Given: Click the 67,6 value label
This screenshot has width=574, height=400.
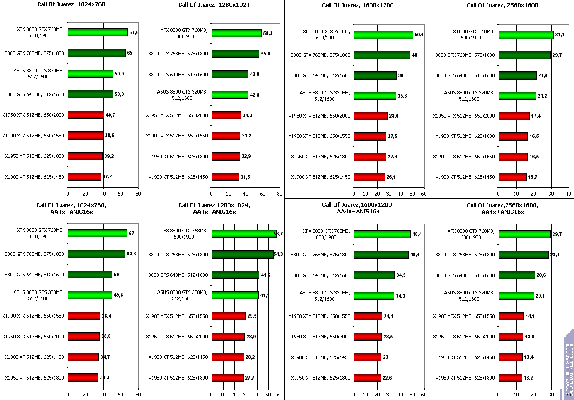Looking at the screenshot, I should coord(134,32).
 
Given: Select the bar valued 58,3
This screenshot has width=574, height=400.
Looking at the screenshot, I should coord(236,33).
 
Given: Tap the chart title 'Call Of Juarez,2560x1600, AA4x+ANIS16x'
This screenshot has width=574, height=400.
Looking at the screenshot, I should coord(502,208).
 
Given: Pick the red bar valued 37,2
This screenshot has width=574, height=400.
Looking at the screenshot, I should coord(84,177).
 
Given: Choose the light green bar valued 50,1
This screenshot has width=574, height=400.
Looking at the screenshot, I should coord(383,35).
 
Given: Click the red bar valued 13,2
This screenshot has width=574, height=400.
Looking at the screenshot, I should coord(510,378).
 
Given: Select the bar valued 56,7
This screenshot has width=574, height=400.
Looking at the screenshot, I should coord(244,234).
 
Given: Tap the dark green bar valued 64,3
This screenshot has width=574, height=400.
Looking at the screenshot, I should coord(96,254).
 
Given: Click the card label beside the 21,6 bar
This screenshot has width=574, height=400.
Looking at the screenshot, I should coord(465,75).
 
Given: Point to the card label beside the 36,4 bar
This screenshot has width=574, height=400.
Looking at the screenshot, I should coord(33,316).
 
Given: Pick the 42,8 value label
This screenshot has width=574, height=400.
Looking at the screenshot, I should coord(255,74).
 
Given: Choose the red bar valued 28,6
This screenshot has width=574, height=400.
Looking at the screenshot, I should coord(370,116).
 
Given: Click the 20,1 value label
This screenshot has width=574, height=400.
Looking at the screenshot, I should coord(540,296).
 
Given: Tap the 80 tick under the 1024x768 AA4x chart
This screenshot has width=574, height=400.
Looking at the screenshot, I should coord(138,394).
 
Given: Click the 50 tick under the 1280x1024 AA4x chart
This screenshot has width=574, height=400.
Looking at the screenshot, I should coord(268,394).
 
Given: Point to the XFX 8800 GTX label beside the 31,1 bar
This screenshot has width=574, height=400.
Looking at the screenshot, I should coord(471,35).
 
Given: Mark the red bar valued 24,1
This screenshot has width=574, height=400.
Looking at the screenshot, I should coord(368,316).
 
